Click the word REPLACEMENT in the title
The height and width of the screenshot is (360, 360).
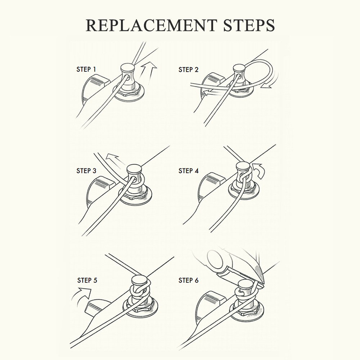pyautogui.click(x=151, y=25)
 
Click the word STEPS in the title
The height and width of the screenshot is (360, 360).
pyautogui.click(x=249, y=25)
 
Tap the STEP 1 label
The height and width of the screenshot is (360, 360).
pyautogui.click(x=86, y=69)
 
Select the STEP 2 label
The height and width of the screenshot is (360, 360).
pyautogui.click(x=188, y=69)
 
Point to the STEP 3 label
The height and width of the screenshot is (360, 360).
pyautogui.click(x=86, y=171)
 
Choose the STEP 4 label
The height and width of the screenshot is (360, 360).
pyautogui.click(x=189, y=171)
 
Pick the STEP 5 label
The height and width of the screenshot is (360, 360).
pyautogui.click(x=87, y=280)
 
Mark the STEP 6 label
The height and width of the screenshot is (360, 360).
pyautogui.click(x=189, y=280)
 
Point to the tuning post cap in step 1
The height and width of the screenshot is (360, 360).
pyautogui.click(x=128, y=68)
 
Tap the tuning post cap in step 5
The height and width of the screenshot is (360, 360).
pyautogui.click(x=139, y=280)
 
